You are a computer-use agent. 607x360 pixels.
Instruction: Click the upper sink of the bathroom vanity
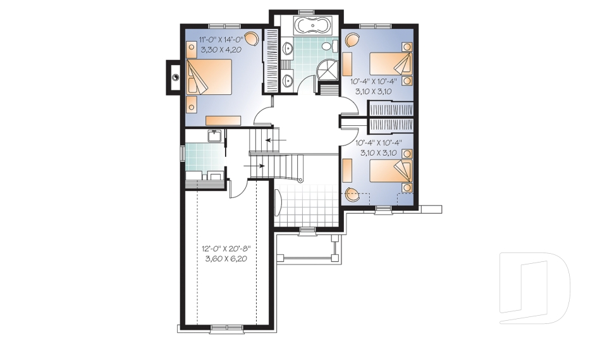pos(287,49)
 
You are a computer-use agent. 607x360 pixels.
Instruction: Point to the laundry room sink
pos(214,137)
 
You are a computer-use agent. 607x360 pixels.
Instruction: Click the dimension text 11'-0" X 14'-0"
pos(220,39)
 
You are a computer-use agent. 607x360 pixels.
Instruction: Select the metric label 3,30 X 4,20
pos(221,49)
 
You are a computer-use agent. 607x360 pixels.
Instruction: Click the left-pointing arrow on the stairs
pos(276,140)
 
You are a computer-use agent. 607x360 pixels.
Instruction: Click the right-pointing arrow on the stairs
pos(254,166)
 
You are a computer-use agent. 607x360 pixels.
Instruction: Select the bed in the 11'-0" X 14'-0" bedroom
pos(209,77)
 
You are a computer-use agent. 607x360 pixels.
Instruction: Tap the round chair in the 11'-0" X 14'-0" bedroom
pos(252,39)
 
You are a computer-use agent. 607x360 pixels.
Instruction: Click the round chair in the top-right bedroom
pos(352,40)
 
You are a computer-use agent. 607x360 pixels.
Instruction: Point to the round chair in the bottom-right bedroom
pos(352,194)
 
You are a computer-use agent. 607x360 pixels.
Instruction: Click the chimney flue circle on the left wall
pos(175,77)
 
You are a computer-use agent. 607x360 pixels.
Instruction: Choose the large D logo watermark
pos(534,288)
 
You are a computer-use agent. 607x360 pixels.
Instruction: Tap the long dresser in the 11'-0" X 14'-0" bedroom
pos(223,120)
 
